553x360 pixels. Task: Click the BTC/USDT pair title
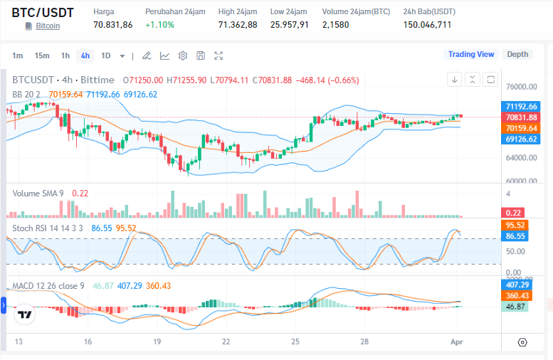42,13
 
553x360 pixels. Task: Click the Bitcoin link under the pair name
48,26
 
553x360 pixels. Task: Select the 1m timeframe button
18,55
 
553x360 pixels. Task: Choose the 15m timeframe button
42,55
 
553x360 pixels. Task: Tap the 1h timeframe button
65,55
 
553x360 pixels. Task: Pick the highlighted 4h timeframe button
85,55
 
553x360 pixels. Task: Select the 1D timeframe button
106,55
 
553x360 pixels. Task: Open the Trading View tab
470,54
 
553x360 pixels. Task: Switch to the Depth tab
517,54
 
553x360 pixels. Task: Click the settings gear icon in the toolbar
183,55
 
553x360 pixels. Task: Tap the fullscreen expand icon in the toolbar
218,55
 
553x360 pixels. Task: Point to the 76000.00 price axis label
521,88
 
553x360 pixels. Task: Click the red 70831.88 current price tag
521,117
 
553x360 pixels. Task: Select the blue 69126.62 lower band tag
521,139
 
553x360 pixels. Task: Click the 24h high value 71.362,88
238,25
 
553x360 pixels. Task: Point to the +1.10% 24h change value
159,25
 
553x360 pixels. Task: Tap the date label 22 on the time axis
226,342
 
